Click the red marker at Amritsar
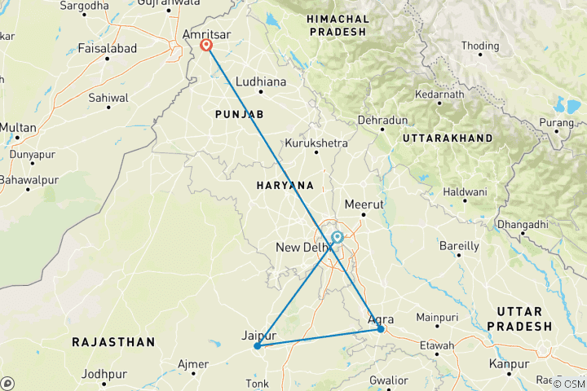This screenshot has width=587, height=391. (207, 46)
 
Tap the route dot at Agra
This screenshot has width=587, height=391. (381, 329)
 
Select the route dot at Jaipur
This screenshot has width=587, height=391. (257, 346)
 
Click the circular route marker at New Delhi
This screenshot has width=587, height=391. (337, 238)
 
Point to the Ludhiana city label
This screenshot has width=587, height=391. (261, 82)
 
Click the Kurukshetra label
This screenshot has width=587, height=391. (316, 143)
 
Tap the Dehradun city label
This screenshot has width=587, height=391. (382, 121)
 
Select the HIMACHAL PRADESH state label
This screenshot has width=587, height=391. (338, 24)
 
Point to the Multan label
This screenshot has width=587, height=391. (18, 128)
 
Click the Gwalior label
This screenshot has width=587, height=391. (388, 380)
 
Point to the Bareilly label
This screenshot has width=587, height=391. (459, 245)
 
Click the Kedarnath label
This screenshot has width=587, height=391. (439, 95)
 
